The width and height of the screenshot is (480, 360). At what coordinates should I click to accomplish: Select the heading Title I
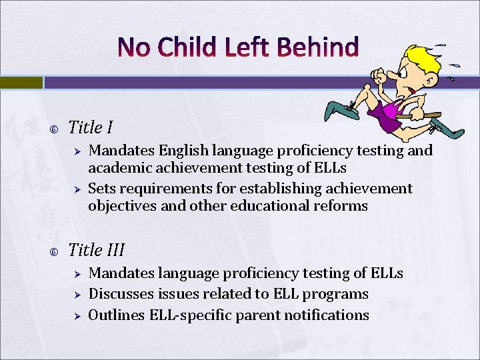click(91, 127)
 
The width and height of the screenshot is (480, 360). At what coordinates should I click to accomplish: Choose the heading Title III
click(97, 250)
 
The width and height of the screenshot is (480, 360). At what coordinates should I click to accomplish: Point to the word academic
click(120, 168)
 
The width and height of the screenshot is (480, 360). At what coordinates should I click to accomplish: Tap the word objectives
click(122, 206)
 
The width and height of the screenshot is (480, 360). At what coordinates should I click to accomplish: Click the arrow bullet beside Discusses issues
click(77, 295)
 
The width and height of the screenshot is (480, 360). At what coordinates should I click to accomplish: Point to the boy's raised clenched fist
click(379, 78)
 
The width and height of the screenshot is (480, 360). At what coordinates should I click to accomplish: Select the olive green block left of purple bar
click(21, 82)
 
